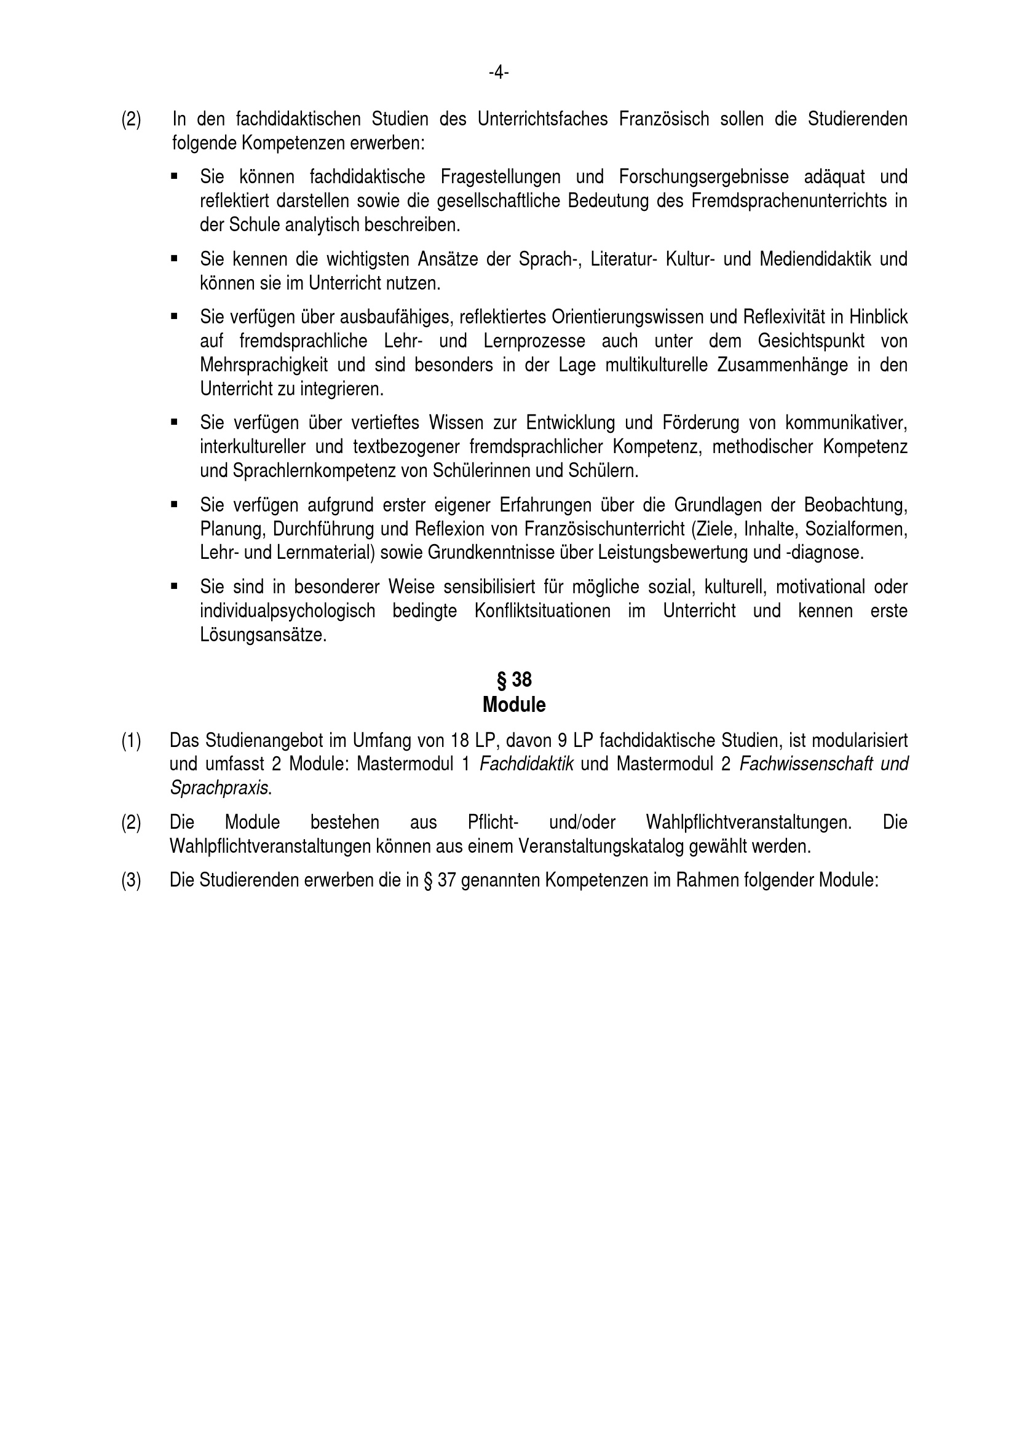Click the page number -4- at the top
pos(499,73)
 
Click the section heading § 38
pos(514,679)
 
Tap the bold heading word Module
pos(514,705)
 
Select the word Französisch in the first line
pos(664,119)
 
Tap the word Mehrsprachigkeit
pos(264,365)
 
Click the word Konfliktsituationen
pos(542,610)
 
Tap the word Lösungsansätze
pos(263,635)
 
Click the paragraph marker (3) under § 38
pos(131,880)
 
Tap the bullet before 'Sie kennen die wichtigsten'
pos(174,258)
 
